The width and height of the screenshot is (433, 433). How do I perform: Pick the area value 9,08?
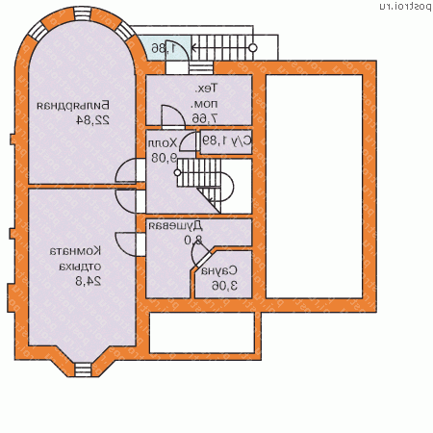click(x=162, y=158)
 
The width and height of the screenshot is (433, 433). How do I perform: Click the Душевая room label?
click(x=190, y=226)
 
